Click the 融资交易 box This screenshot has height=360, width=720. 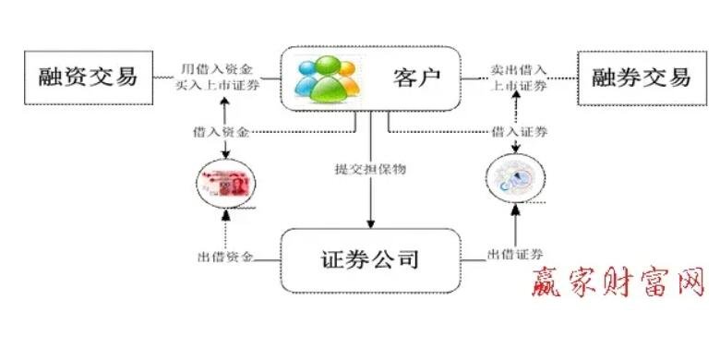pyautogui.click(x=89, y=77)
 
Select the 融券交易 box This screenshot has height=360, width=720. pyautogui.click(x=636, y=77)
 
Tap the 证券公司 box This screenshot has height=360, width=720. pyautogui.click(x=370, y=258)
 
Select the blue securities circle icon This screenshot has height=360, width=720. pyautogui.click(x=515, y=181)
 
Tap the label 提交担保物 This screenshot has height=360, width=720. pyautogui.click(x=371, y=169)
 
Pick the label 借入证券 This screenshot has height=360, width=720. pyautogui.click(x=520, y=132)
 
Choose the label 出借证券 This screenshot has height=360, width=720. pyautogui.click(x=515, y=254)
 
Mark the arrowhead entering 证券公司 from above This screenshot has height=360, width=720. pyautogui.click(x=371, y=224)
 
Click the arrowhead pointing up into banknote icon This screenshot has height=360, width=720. pyautogui.click(x=225, y=216)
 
